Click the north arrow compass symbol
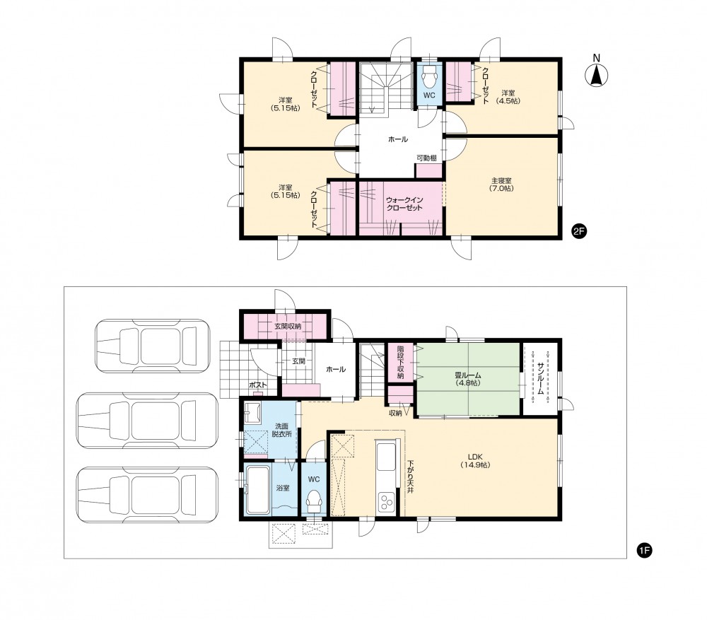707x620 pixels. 596,76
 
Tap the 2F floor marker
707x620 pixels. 578,231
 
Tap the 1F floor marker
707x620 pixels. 645,550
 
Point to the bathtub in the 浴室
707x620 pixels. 258,490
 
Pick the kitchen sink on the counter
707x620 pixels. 387,455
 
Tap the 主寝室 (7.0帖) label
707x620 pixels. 501,185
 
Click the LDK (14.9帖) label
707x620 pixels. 475,460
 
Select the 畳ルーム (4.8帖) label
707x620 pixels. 468,379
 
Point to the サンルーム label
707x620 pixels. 539,378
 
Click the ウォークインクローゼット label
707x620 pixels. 404,204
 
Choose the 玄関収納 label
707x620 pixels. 288,326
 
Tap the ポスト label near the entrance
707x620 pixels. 258,385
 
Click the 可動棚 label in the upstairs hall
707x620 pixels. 426,158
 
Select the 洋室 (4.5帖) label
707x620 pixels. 508,97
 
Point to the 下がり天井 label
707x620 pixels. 410,476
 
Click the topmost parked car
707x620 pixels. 153,346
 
